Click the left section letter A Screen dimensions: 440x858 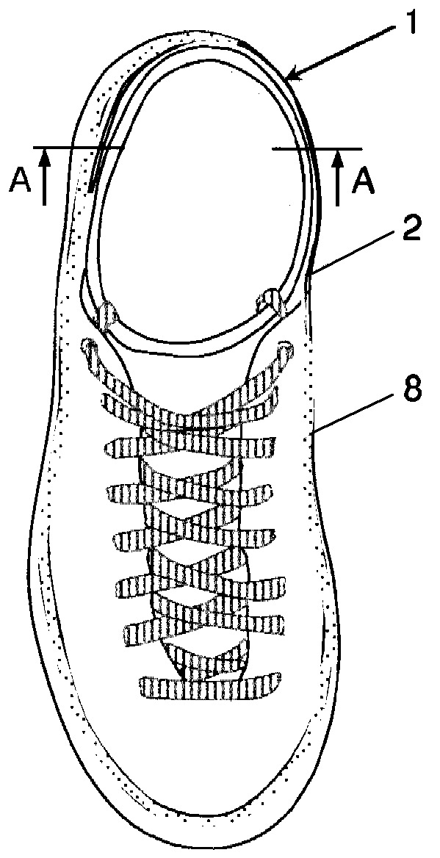click(x=19, y=181)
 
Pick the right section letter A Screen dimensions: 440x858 click(x=362, y=181)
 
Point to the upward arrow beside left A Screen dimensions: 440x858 click(x=45, y=179)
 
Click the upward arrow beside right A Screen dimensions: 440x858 click(x=338, y=179)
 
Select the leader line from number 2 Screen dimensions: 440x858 click(x=353, y=252)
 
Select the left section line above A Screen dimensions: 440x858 click(x=79, y=148)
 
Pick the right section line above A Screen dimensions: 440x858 click(x=317, y=148)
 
